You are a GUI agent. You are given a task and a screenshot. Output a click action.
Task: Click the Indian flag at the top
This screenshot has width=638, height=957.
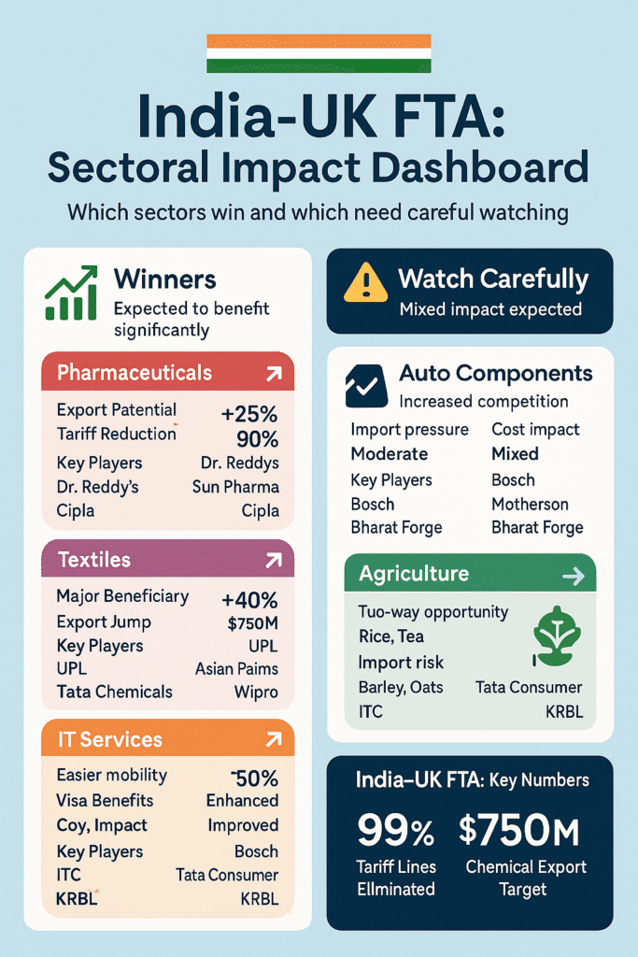click(319, 53)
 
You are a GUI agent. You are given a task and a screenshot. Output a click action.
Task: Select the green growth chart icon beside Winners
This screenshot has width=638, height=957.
click(71, 293)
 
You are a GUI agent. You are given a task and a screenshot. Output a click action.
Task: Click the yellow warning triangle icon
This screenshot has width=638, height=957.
click(365, 280)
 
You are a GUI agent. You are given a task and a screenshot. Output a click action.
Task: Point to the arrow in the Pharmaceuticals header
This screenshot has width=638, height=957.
click(274, 375)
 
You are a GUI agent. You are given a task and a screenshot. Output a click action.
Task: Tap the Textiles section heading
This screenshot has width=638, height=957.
click(94, 560)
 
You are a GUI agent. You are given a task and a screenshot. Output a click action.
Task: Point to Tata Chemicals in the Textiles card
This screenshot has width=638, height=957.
click(114, 692)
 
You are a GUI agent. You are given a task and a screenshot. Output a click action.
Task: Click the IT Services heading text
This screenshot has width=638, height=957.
click(109, 739)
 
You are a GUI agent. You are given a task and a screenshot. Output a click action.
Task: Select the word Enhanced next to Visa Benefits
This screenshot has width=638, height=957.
click(242, 800)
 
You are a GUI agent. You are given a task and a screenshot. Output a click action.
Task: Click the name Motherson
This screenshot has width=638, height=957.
click(530, 504)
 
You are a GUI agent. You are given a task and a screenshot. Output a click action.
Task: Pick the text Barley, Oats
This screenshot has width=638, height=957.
click(401, 687)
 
